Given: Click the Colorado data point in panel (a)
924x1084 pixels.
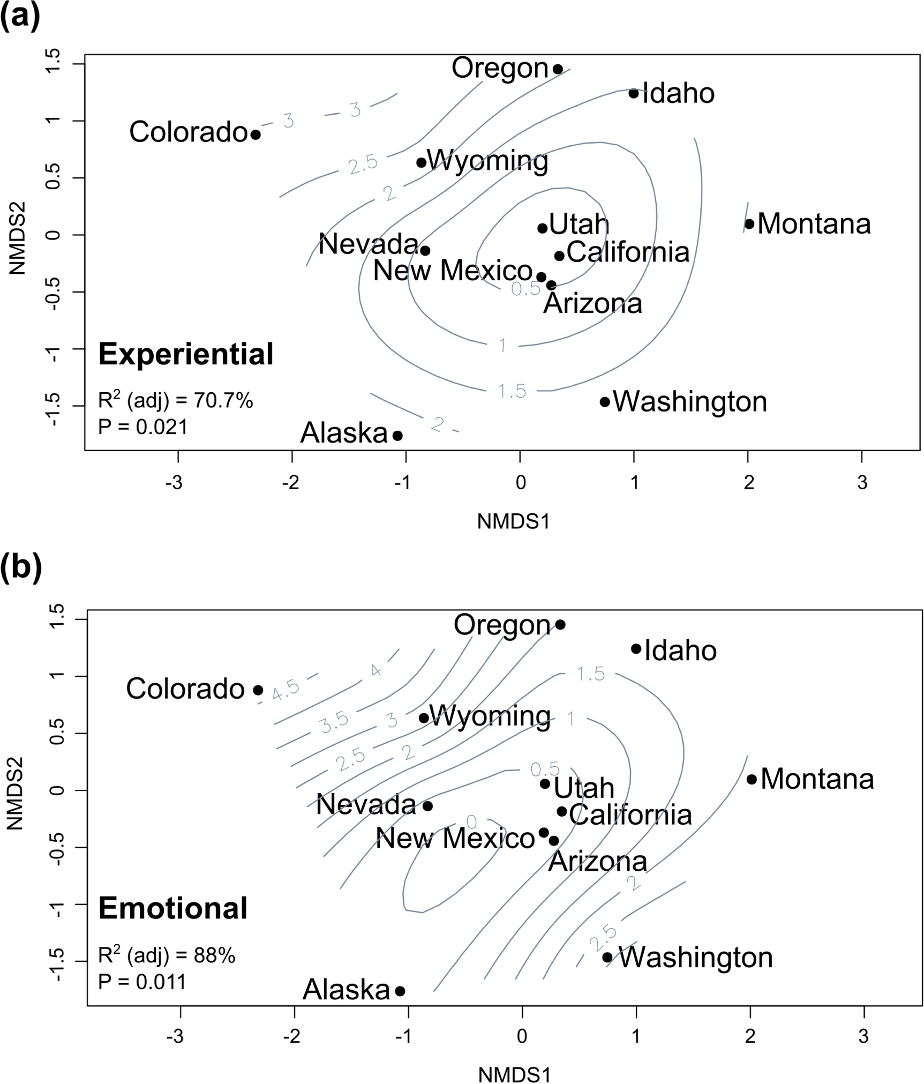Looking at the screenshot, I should (256, 134).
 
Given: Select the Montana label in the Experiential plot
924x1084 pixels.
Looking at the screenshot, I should (814, 224).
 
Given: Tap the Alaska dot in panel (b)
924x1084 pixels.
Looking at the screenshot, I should (400, 991).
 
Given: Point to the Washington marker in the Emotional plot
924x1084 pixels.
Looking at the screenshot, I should (607, 958).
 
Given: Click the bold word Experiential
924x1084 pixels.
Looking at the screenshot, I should (186, 354).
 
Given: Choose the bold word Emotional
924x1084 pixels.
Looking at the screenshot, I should (173, 908).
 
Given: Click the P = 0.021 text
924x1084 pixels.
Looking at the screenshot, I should (143, 427).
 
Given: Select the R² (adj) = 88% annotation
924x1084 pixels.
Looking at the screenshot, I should (167, 955).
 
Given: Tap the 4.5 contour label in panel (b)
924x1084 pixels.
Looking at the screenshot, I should (286, 691).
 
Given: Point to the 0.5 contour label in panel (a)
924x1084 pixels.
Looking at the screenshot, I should (526, 289).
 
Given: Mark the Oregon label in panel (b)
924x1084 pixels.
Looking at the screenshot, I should (502, 625).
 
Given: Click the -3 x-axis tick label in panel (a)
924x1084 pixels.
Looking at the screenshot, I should (174, 483).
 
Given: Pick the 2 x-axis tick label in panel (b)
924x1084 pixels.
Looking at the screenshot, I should (750, 1037).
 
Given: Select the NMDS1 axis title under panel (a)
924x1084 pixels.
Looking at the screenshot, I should (513, 521).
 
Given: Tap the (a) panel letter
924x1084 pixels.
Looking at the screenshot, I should (20, 17).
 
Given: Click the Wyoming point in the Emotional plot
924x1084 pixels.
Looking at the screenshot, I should (424, 718).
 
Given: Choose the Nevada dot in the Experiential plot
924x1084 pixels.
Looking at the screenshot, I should (425, 250).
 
